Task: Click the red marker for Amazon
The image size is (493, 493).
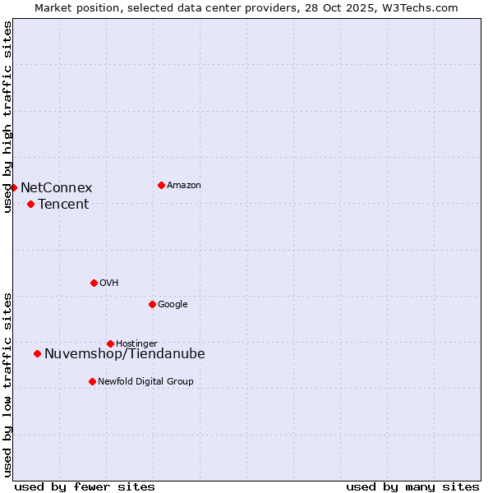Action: click(x=161, y=185)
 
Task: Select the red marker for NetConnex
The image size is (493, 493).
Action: click(x=13, y=187)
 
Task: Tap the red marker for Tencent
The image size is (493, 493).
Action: click(x=30, y=204)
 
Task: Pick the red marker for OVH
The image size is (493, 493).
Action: click(x=94, y=283)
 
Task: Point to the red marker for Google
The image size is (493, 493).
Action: click(x=152, y=304)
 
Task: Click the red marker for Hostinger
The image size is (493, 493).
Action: click(x=110, y=343)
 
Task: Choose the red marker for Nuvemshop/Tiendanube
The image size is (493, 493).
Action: click(x=37, y=353)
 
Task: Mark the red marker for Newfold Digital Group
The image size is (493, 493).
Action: click(x=92, y=381)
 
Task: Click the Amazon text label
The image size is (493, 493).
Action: click(x=184, y=186)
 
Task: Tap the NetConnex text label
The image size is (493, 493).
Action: click(x=56, y=188)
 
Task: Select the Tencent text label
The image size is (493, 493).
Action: click(x=63, y=205)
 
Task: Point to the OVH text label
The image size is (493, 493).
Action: click(x=109, y=283)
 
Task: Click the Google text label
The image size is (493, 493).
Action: click(x=173, y=305)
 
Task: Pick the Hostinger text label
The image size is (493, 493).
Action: click(x=136, y=344)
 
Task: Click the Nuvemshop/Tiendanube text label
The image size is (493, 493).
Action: click(x=125, y=354)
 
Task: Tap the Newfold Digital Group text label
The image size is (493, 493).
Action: click(x=145, y=382)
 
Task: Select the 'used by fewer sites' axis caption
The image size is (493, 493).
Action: click(x=85, y=486)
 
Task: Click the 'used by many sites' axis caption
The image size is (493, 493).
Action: click(x=412, y=486)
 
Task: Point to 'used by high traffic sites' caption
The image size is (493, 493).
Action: click(x=8, y=117)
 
